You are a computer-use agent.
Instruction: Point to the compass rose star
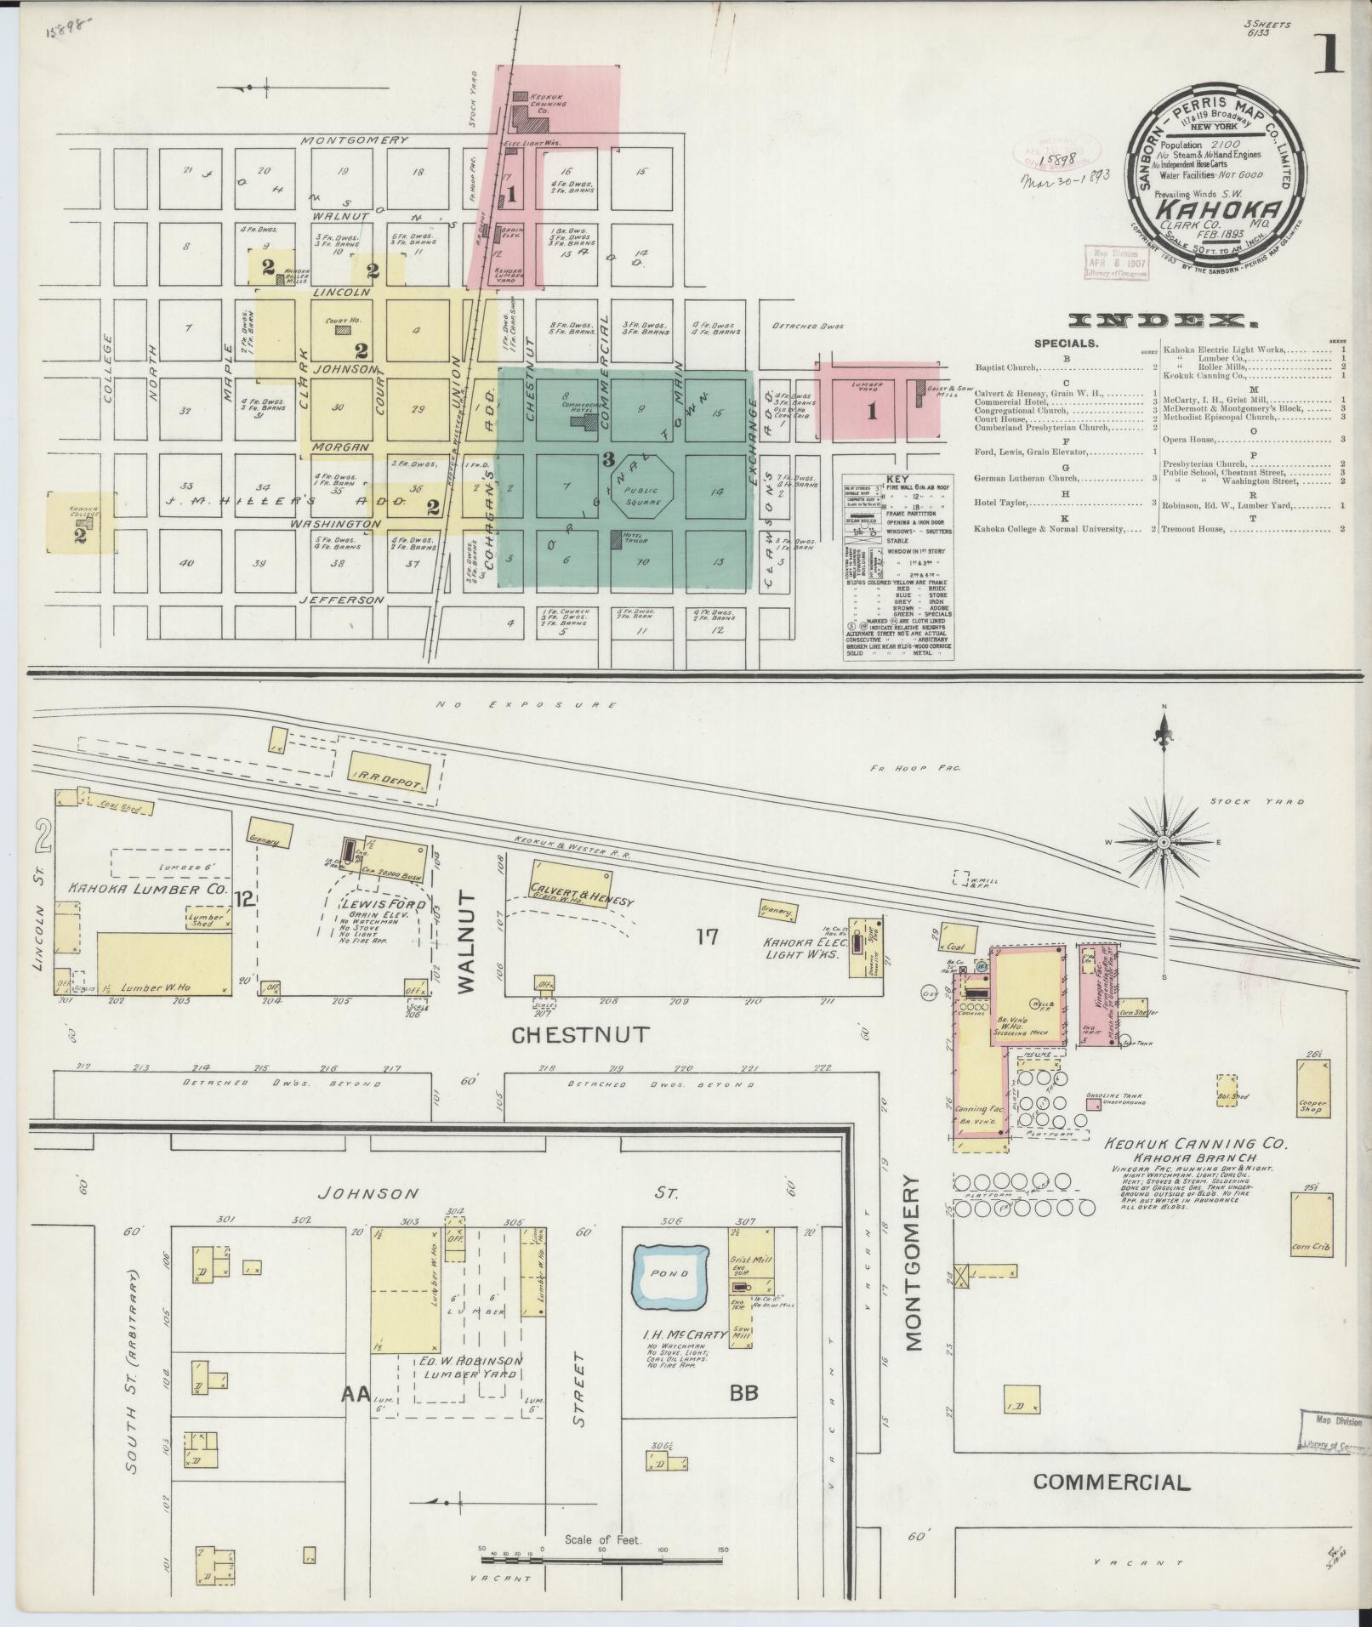tap(1163, 842)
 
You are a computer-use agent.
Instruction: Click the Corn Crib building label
tap(1311, 1248)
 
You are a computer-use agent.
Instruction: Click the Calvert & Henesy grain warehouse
tap(571, 885)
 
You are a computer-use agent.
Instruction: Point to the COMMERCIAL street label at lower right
tap(1110, 1482)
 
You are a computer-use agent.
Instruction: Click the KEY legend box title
tap(897, 481)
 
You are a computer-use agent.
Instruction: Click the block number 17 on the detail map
tap(707, 938)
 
